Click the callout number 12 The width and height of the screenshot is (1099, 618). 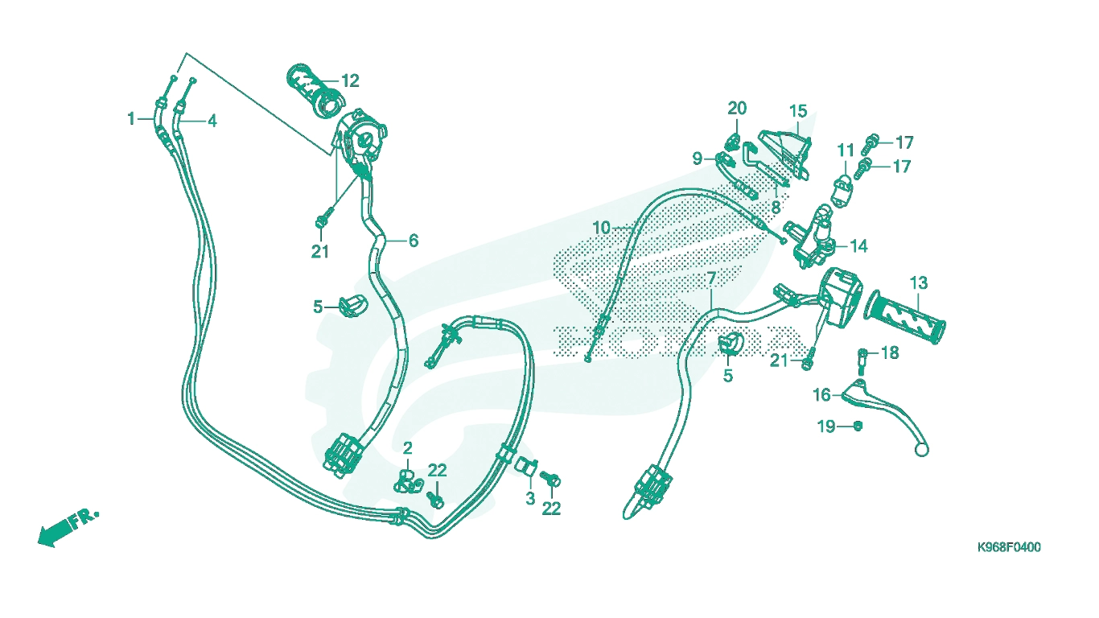[x=350, y=80]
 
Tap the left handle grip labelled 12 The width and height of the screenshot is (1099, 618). [x=316, y=91]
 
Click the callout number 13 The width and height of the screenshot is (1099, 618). [x=919, y=283]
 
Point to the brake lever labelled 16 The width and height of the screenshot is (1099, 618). [x=883, y=414]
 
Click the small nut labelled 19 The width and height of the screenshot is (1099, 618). [x=858, y=426]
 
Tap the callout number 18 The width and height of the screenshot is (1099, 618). [x=890, y=353]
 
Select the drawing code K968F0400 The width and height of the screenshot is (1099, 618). [x=1009, y=547]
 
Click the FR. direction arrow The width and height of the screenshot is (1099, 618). [x=68, y=528]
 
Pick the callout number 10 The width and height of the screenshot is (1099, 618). [x=602, y=228]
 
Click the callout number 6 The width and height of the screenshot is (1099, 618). [x=414, y=241]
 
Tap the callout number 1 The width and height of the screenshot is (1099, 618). [x=131, y=118]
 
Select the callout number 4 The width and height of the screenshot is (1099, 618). [x=212, y=121]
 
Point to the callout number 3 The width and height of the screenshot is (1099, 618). [x=530, y=499]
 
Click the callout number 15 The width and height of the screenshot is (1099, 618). [x=798, y=111]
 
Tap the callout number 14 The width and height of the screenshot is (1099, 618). [x=858, y=246]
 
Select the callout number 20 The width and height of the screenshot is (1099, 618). [x=737, y=108]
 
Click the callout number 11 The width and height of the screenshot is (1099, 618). [x=846, y=150]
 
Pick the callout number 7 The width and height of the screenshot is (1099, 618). [x=711, y=278]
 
